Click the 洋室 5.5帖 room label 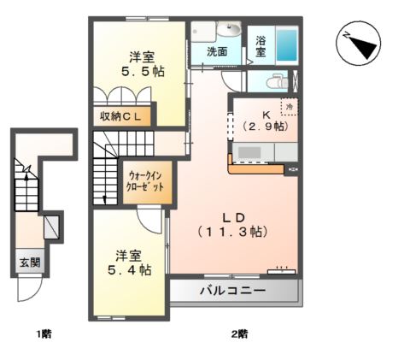(x=143, y=64)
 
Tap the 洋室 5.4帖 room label (x=129, y=263)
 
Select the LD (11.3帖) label (x=233, y=225)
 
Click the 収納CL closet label (x=120, y=116)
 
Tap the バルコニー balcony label (x=232, y=291)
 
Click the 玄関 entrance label (x=30, y=263)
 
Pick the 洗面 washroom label (x=217, y=51)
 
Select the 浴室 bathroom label (x=261, y=46)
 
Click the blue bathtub (x=287, y=45)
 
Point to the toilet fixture (x=278, y=81)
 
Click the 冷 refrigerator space (x=290, y=107)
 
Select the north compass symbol (x=358, y=44)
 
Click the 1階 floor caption (x=44, y=333)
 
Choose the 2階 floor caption (x=239, y=333)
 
